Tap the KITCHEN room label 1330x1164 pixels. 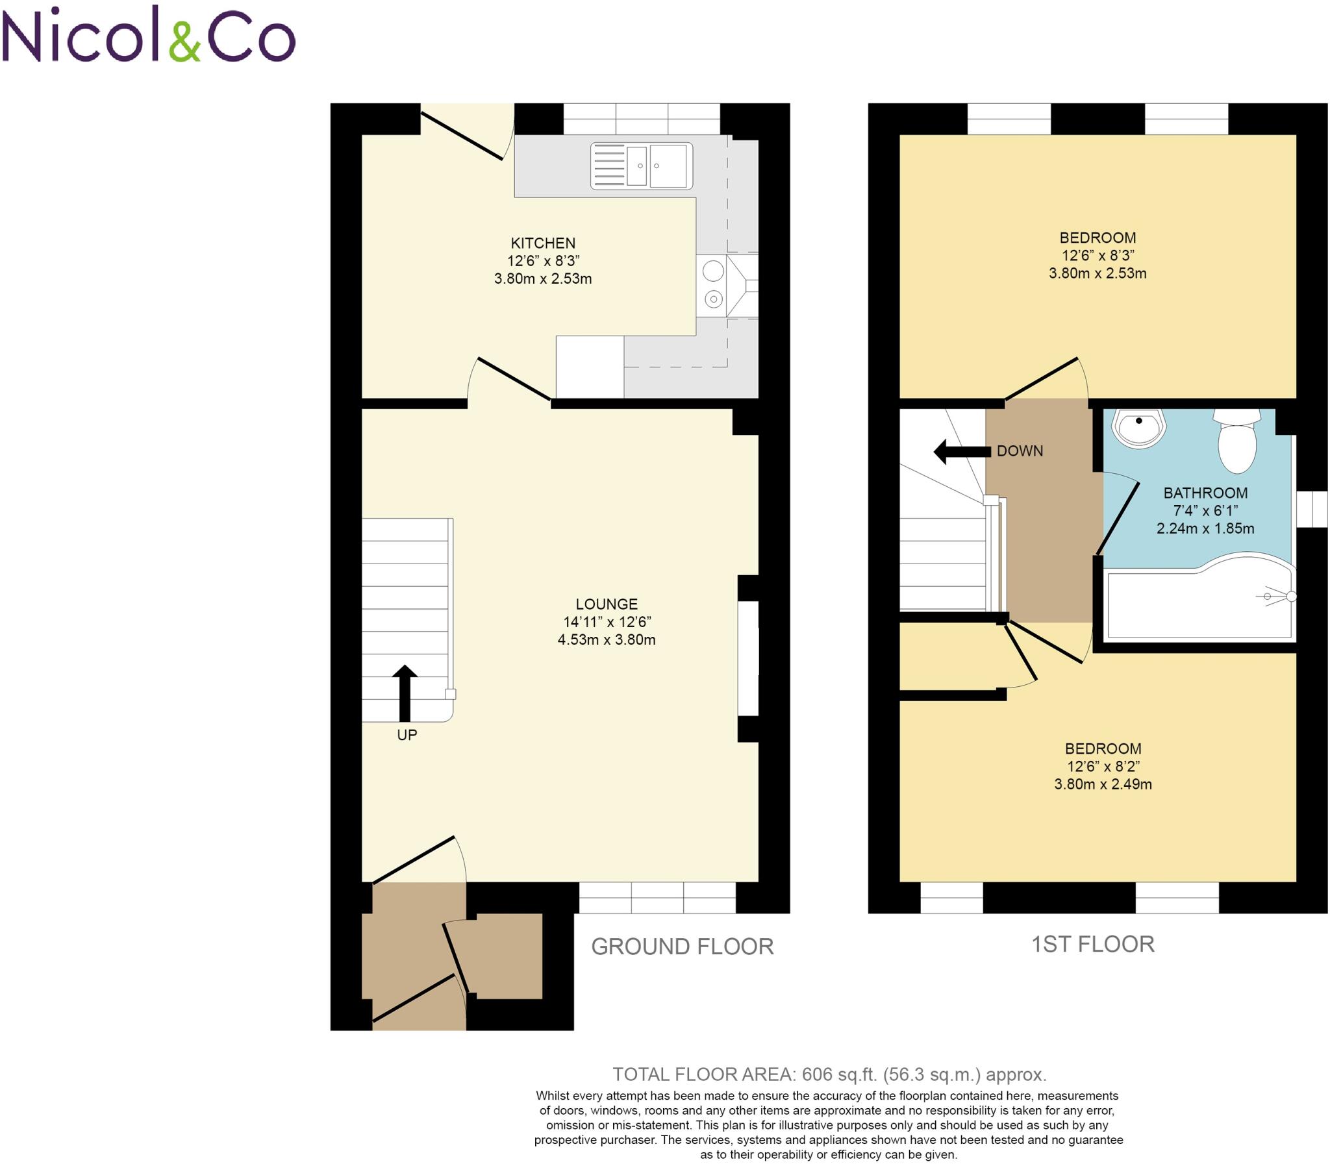click(x=542, y=243)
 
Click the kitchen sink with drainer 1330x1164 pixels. click(x=640, y=166)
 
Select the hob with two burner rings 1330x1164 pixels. click(x=713, y=285)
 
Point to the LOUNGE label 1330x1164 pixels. click(x=606, y=604)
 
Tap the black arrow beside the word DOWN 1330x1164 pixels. click(x=962, y=451)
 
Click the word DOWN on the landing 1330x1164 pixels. click(x=1020, y=451)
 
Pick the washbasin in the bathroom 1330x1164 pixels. click(x=1139, y=428)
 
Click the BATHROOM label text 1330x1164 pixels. click(x=1205, y=493)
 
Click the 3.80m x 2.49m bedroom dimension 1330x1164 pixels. click(x=1103, y=785)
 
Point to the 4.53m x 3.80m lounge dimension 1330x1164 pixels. click(x=606, y=640)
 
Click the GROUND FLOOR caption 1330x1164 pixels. click(x=683, y=947)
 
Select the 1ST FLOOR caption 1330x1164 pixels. click(x=1093, y=945)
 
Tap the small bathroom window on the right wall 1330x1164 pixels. click(x=1312, y=509)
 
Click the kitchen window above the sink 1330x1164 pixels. click(x=641, y=119)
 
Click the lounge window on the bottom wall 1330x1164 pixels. click(x=657, y=897)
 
